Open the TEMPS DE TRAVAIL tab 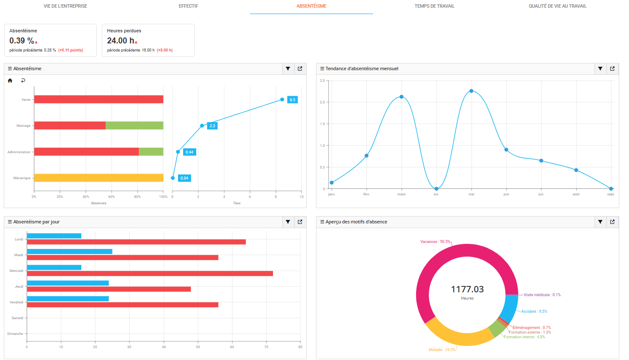[434, 6]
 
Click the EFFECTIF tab [188, 6]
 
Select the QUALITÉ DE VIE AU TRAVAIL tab [557, 6]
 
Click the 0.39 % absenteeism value [22, 41]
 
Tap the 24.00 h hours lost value [121, 41]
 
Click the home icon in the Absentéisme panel [10, 80]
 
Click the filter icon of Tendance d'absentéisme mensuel [600, 69]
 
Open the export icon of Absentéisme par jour [300, 222]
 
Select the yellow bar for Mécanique [98, 178]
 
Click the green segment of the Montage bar [134, 126]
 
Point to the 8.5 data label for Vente [292, 100]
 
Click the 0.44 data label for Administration [190, 152]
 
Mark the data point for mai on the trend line [471, 91]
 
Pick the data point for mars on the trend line [402, 97]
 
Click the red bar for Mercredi [149, 274]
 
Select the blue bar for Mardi [69, 251]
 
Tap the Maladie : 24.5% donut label [442, 350]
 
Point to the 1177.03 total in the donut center [467, 289]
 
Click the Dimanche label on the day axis [15, 334]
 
